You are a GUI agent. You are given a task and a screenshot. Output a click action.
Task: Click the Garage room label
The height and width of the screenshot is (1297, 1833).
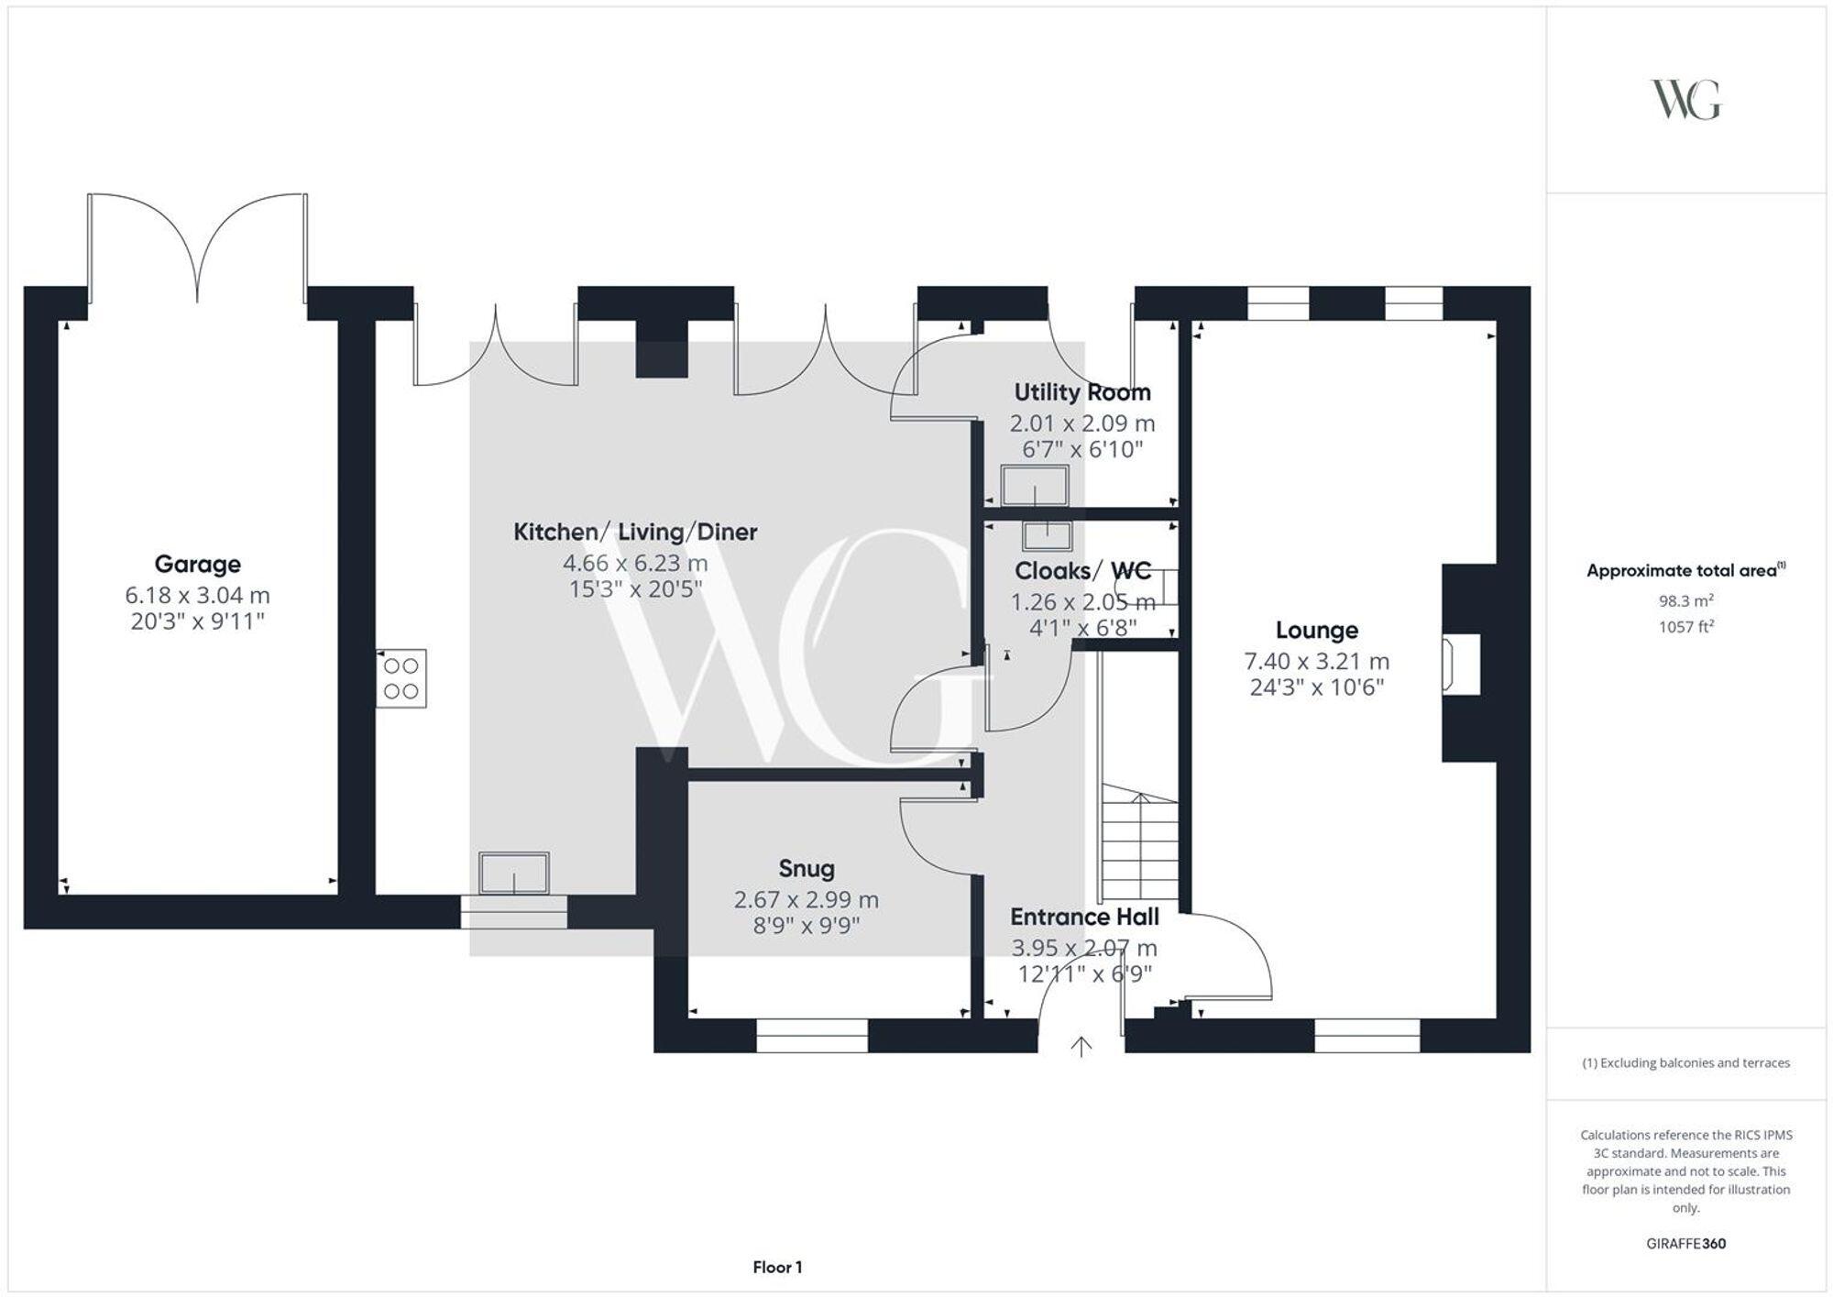[x=197, y=564]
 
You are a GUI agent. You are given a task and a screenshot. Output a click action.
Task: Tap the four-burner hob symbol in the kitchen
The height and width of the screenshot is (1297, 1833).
[x=401, y=678]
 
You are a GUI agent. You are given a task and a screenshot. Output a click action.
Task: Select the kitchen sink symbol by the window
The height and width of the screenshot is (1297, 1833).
[x=514, y=873]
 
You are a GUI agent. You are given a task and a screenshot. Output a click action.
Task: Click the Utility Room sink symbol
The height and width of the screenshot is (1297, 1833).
[x=1035, y=485]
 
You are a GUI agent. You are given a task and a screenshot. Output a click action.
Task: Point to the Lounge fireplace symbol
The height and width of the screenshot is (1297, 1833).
[x=1461, y=665]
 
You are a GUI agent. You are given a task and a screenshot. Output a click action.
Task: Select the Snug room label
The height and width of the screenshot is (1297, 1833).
[x=807, y=868]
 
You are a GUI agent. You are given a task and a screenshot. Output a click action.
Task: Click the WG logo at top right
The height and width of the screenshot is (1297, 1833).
[x=1685, y=100]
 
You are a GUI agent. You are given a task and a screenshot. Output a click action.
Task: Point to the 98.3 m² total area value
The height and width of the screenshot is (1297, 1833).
[x=1685, y=601]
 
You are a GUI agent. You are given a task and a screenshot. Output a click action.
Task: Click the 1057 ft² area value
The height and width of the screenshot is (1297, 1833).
[x=1685, y=627]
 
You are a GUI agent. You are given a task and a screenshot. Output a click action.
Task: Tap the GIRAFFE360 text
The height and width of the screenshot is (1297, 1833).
[x=1685, y=1244]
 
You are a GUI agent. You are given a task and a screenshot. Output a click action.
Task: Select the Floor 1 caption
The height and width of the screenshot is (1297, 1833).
[x=777, y=1268]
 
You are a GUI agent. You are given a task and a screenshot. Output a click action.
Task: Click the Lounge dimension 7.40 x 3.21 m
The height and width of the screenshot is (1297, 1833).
[x=1316, y=661]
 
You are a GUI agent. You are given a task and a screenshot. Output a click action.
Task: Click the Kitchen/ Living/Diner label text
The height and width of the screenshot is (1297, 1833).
[x=635, y=532]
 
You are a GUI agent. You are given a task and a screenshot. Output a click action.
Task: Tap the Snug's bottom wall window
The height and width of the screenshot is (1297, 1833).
[x=812, y=1036]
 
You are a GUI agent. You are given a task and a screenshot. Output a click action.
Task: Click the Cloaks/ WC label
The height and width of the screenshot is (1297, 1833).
[x=1082, y=571]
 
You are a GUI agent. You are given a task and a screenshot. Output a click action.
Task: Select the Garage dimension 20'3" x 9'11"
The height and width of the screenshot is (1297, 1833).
[x=197, y=621]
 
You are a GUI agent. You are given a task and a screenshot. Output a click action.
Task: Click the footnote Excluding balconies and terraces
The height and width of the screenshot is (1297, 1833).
[x=1685, y=1063]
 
